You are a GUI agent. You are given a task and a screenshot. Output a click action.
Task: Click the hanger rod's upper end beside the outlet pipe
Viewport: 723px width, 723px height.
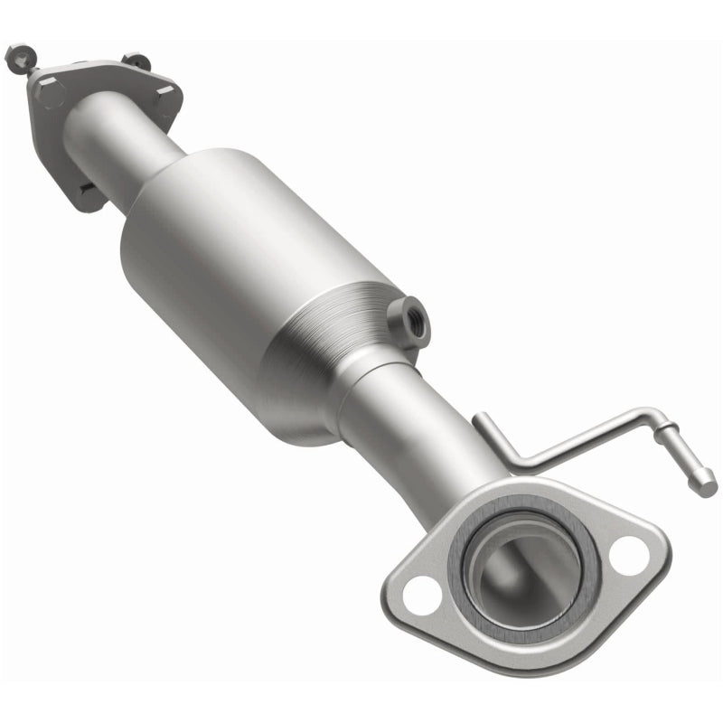pos(482,418)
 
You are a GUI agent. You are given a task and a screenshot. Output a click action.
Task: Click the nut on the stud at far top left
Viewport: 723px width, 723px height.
pos(15,57)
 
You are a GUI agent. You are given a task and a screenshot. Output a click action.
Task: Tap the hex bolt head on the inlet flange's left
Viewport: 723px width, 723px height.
pos(50,91)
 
